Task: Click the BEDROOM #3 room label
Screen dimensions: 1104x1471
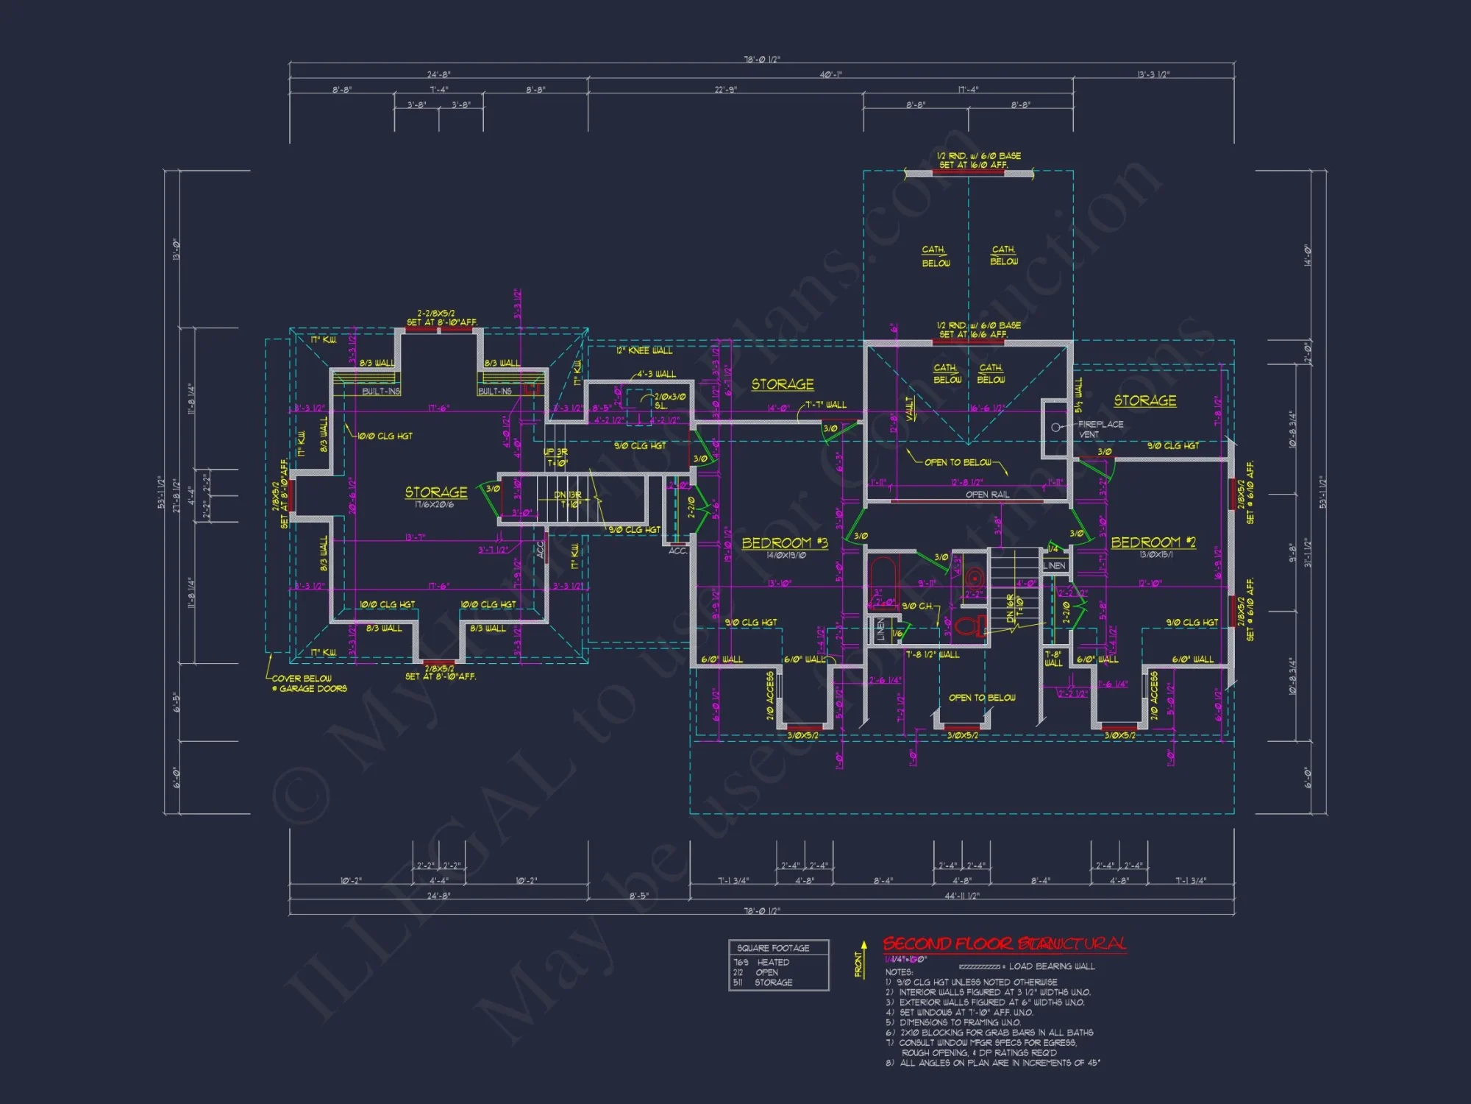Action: [784, 543]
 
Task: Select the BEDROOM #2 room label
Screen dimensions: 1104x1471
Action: [1153, 542]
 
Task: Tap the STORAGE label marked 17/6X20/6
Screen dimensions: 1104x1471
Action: [435, 492]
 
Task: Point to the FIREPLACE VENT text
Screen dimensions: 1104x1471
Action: [1100, 429]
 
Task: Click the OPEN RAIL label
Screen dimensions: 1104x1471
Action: [987, 495]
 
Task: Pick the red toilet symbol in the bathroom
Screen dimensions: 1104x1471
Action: [969, 626]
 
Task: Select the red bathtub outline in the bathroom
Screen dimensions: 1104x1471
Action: [881, 581]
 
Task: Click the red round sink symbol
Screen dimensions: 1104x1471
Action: [975, 576]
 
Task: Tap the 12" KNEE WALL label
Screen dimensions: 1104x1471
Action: [644, 350]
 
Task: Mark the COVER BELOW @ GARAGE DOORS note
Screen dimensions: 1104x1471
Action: [308, 684]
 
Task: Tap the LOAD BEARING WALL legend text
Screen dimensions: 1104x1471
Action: [1051, 966]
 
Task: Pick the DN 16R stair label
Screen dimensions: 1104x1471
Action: [1011, 608]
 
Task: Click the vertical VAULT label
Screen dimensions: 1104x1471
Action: [911, 408]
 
